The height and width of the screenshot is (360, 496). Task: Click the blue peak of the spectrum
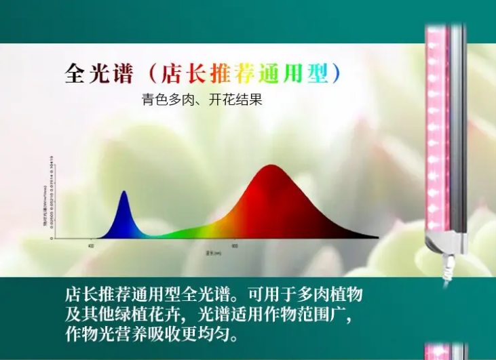point(123,197)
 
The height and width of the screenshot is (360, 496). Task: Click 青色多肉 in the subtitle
point(164,100)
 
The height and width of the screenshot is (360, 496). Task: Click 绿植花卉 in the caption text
point(149,315)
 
